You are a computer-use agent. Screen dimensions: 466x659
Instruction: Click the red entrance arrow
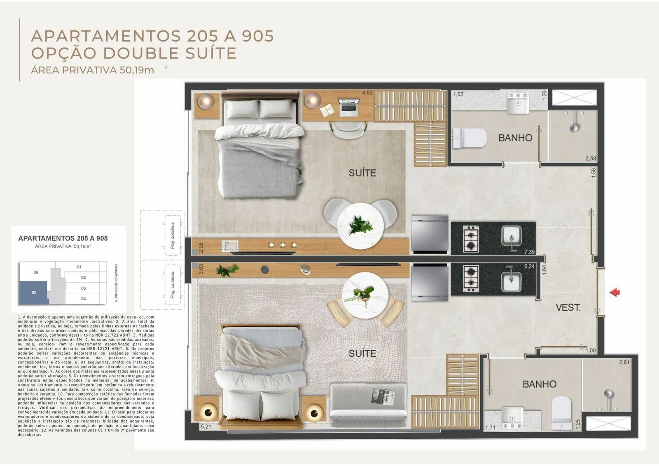pos(615,292)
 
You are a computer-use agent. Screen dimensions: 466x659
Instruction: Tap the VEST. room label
pos(568,307)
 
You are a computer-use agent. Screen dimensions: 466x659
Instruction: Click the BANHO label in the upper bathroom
pos(515,138)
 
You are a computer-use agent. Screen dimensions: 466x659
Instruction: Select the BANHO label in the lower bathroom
pos(539,384)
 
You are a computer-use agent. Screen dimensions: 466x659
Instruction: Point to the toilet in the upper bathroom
pos(470,138)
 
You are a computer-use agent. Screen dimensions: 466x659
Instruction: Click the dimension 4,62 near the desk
pos(367,93)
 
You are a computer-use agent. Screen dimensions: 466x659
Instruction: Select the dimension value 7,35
pos(529,252)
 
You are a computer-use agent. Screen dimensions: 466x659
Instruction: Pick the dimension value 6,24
pos(529,267)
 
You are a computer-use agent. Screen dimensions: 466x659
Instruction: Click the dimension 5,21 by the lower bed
pos(205,426)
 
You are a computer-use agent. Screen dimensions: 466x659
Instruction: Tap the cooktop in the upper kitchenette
pos(471,239)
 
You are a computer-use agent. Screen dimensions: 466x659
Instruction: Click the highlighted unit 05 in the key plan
pos(34,293)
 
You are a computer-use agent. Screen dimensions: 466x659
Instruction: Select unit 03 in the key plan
pos(83,288)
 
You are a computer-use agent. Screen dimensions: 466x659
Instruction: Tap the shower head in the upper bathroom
pos(574,125)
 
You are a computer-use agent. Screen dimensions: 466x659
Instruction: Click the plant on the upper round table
pos(360,225)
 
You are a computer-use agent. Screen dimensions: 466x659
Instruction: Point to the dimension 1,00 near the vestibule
pos(591,351)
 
